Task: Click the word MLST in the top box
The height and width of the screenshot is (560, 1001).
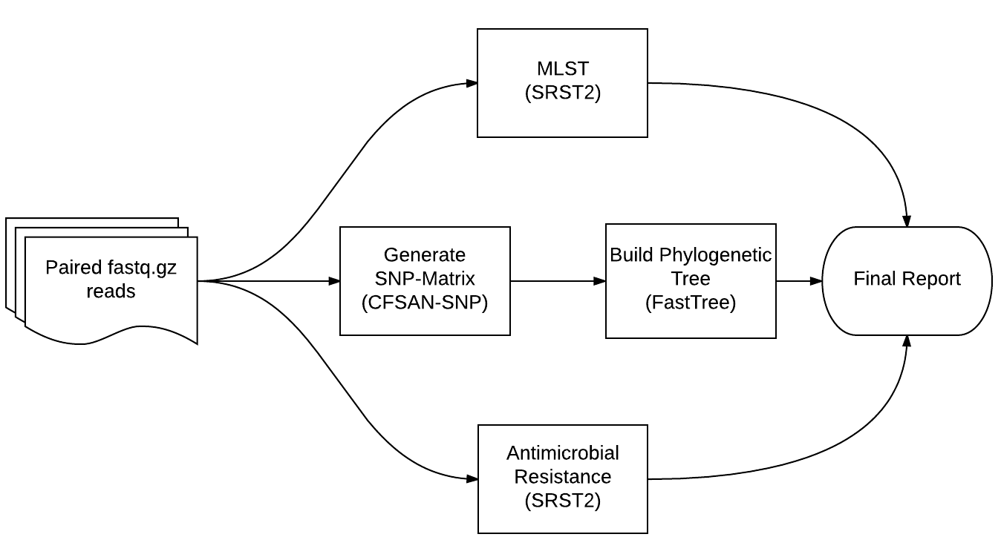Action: pyautogui.click(x=562, y=68)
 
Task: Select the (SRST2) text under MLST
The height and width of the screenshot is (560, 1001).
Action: pyautogui.click(x=562, y=93)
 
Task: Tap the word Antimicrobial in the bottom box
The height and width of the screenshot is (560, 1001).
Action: pyautogui.click(x=562, y=452)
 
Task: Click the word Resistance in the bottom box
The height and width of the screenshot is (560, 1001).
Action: pyautogui.click(x=562, y=476)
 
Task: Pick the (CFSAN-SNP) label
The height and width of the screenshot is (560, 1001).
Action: pyautogui.click(x=425, y=303)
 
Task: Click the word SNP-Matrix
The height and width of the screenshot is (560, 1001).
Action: pyautogui.click(x=425, y=280)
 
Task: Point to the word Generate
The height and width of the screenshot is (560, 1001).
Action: pyautogui.click(x=425, y=255)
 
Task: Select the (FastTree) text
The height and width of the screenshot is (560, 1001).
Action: pyautogui.click(x=691, y=303)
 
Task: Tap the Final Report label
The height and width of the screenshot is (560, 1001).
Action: pyautogui.click(x=907, y=279)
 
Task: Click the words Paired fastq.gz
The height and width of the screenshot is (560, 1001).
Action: pyautogui.click(x=111, y=267)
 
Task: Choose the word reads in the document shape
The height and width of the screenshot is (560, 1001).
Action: pyautogui.click(x=111, y=291)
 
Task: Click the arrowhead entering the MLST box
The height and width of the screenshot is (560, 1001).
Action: pyautogui.click(x=471, y=83)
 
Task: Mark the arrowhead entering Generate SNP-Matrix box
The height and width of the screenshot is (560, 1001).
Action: pyautogui.click(x=334, y=281)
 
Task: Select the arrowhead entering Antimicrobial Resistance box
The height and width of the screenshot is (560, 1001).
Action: pyautogui.click(x=471, y=479)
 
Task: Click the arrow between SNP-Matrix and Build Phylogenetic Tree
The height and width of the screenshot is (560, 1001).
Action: pyautogui.click(x=557, y=281)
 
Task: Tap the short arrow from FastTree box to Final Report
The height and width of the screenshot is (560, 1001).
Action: pyautogui.click(x=799, y=281)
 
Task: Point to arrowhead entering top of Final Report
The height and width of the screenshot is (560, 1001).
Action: pyautogui.click(x=907, y=221)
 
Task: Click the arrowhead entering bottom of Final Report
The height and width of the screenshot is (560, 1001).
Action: pyautogui.click(x=907, y=341)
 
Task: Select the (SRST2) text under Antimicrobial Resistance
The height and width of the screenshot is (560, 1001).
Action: pyautogui.click(x=562, y=501)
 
